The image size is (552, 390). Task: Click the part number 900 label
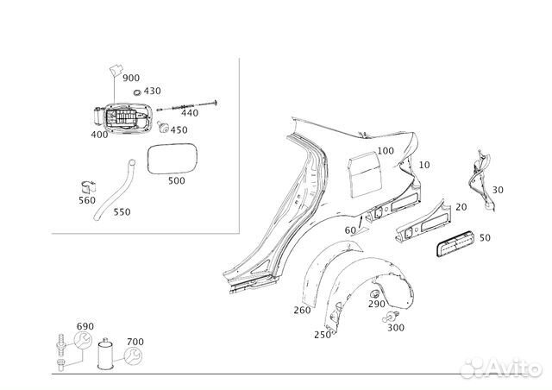click(x=131, y=78)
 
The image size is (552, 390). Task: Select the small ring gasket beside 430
click(x=137, y=92)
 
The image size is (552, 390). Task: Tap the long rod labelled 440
click(x=186, y=105)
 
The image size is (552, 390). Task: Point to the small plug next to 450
click(x=163, y=127)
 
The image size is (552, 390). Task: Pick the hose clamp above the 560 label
click(x=87, y=187)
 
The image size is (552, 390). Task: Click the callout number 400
click(x=99, y=135)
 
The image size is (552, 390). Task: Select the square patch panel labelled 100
click(x=365, y=173)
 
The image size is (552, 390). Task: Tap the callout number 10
click(x=424, y=165)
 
